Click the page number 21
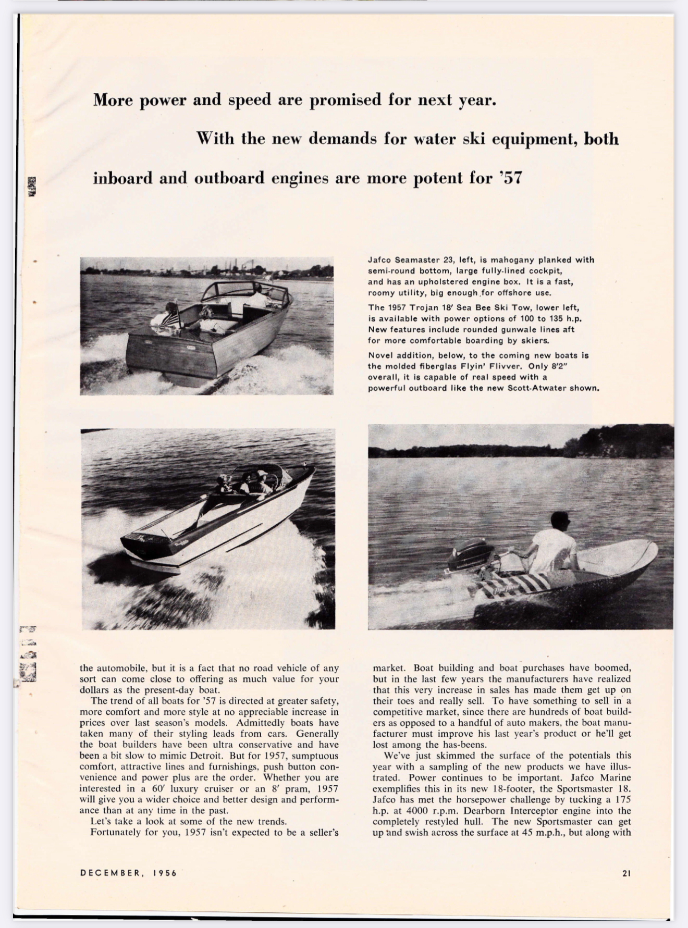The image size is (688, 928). pos(626,873)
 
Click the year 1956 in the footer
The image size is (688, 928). pos(164,873)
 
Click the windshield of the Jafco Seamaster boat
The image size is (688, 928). pos(235,293)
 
